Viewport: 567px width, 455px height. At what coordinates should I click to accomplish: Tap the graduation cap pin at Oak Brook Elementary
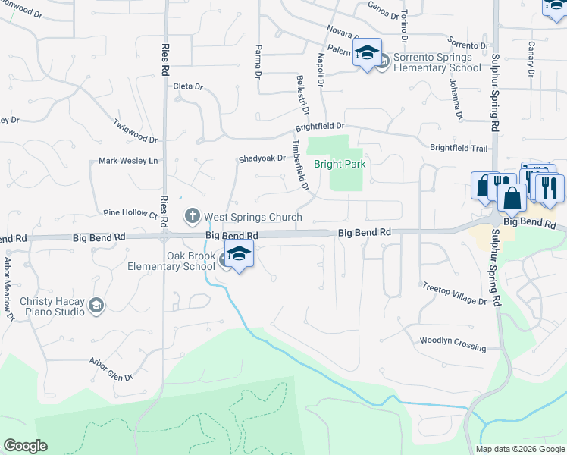coord(239,255)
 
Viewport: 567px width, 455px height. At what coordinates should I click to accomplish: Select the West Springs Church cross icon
coord(193,218)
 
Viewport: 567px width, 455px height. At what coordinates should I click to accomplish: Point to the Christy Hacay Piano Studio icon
coord(96,306)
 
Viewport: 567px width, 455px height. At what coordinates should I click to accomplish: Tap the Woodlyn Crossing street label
coord(453,344)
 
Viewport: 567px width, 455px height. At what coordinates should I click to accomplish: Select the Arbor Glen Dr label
coord(111,369)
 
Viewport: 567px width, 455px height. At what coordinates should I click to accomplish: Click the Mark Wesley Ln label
coord(128,161)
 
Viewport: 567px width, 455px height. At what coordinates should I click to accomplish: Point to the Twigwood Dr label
coord(135,130)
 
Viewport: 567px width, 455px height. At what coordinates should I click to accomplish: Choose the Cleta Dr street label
coord(189,86)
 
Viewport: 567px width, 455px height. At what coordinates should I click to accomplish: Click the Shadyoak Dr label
coord(261,158)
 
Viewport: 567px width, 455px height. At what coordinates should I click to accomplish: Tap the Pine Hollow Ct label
coord(130,215)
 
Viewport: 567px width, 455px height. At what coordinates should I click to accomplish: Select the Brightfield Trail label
coord(458,148)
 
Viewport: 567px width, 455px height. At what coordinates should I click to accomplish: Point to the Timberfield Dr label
coord(301,165)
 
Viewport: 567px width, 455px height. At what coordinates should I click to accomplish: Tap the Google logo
coord(25,446)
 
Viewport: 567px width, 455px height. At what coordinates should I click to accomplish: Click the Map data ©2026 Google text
coord(520,449)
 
